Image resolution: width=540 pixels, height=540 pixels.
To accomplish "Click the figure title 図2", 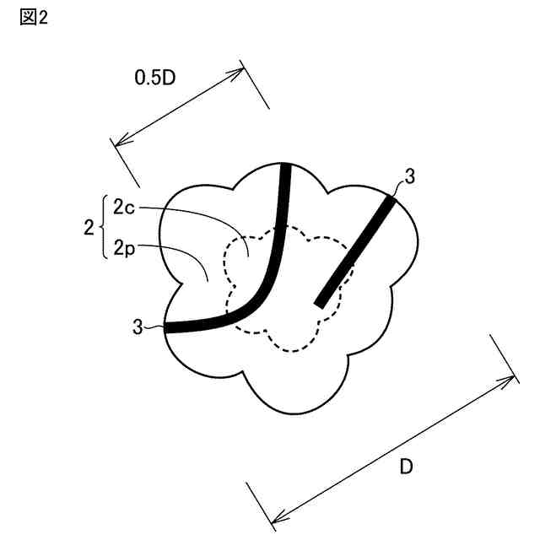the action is (x=33, y=18).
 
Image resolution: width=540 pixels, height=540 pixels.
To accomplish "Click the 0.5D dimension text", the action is (x=156, y=78).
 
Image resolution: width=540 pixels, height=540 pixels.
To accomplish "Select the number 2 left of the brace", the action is (x=88, y=227).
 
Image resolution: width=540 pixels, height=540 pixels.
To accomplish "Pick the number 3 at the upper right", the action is (x=409, y=176).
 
